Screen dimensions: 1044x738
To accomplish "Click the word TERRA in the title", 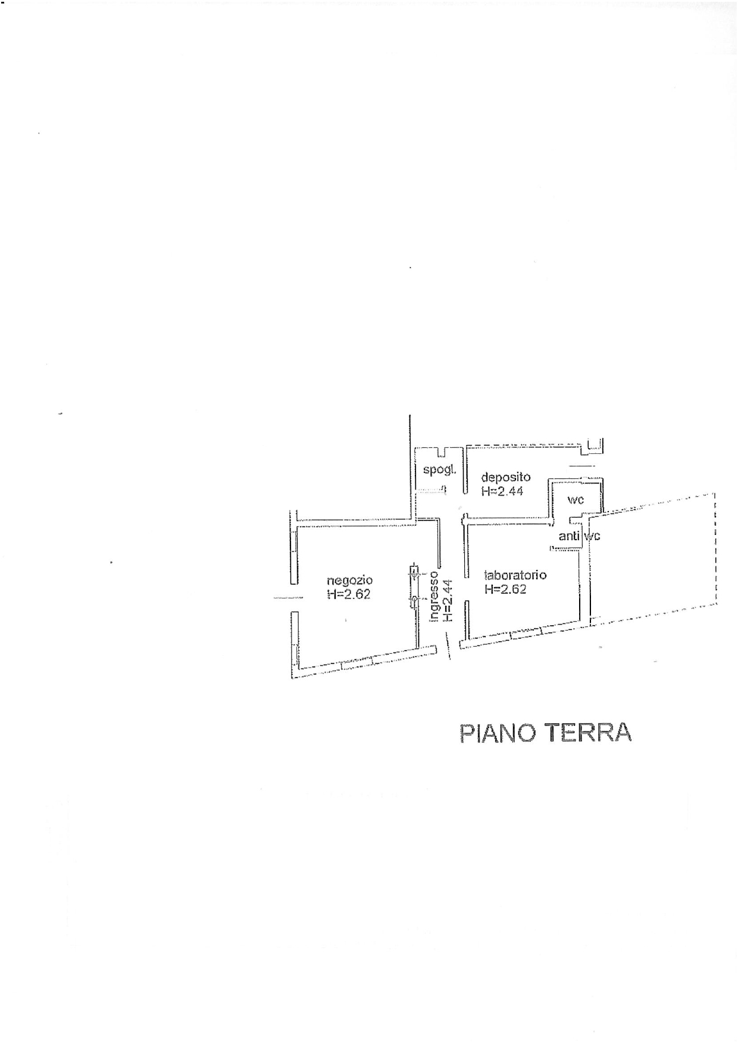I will click(589, 733).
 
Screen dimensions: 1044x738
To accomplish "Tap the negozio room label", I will click(350, 580).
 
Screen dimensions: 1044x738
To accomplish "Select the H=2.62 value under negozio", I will click(349, 594).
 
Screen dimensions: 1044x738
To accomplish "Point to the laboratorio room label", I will click(515, 575).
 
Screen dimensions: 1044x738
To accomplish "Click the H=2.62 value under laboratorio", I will click(505, 590).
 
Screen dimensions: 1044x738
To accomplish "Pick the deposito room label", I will click(505, 477).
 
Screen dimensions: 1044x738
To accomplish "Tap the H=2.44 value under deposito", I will click(502, 491).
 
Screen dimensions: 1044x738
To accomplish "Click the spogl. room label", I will click(439, 469).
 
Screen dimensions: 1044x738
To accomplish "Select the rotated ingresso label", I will click(435, 597).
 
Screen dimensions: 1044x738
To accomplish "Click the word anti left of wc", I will click(570, 536).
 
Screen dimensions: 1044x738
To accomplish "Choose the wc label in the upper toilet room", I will click(576, 500).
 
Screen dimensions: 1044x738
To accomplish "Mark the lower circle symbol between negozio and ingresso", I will click(414, 599).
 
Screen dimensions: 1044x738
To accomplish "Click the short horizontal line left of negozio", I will click(288, 597).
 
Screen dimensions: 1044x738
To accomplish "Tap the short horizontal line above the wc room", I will click(581, 466).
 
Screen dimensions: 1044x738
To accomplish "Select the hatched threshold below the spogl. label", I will click(431, 491).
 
